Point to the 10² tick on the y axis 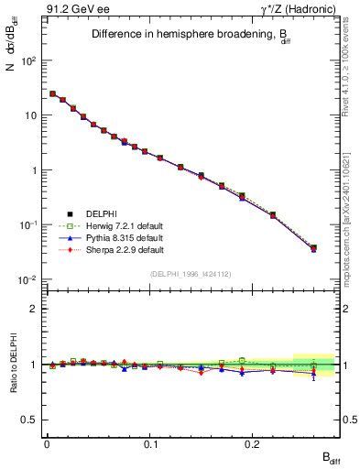click(x=29, y=60)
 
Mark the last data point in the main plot click(x=313, y=247)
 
